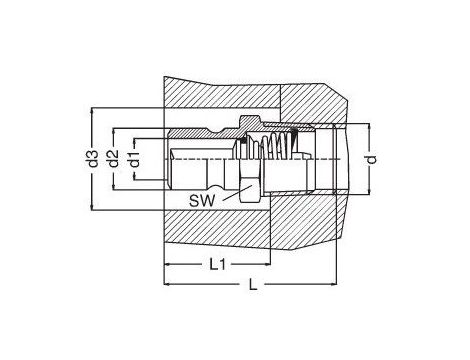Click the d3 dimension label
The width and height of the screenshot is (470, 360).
click(x=94, y=159)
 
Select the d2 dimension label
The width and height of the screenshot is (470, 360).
click(x=114, y=159)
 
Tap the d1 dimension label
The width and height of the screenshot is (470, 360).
click(x=134, y=159)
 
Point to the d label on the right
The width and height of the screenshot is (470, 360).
click(x=372, y=159)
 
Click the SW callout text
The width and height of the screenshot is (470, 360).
click(x=202, y=201)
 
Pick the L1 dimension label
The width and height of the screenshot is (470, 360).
click(x=217, y=265)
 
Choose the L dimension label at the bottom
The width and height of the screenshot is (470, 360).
click(x=253, y=285)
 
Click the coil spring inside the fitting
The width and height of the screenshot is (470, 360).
click(x=278, y=144)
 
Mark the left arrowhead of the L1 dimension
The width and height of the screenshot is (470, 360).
click(x=168, y=264)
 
